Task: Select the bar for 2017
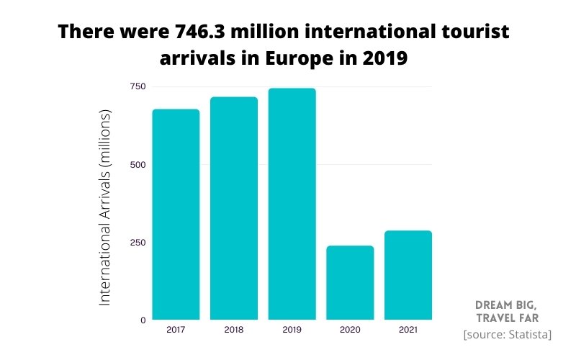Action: (x=176, y=215)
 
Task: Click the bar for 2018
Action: (x=234, y=208)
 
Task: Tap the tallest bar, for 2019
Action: (x=292, y=204)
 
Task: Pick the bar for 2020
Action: (x=350, y=282)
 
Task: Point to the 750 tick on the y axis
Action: (x=138, y=87)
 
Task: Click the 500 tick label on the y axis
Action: (x=138, y=165)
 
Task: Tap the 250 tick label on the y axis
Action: (x=138, y=243)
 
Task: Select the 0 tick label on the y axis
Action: (x=142, y=320)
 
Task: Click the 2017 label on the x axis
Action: (x=176, y=330)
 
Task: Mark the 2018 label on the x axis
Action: (x=234, y=330)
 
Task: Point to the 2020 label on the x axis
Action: (x=350, y=330)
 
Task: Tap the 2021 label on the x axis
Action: (x=408, y=330)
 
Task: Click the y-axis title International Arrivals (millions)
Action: (x=105, y=207)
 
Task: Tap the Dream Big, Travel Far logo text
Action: (x=506, y=310)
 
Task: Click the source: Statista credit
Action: (x=508, y=335)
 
